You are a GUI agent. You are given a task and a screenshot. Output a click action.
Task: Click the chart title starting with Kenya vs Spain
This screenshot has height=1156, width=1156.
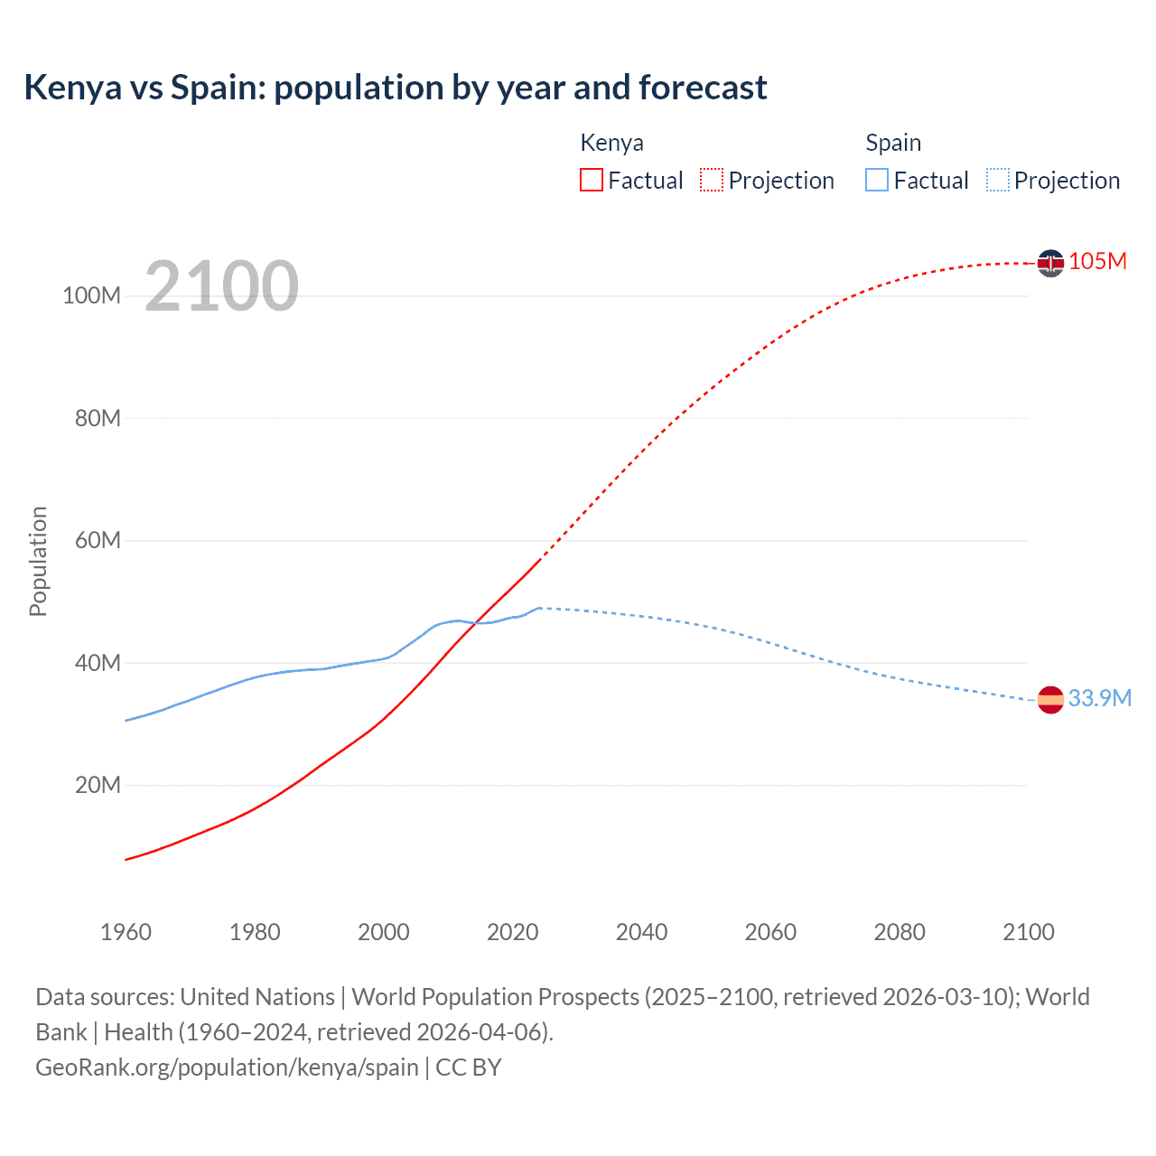[396, 88]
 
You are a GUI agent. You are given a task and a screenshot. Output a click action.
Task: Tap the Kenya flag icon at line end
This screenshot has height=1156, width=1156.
[1050, 263]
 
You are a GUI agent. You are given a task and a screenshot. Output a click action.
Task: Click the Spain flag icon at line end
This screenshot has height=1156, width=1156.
[1050, 700]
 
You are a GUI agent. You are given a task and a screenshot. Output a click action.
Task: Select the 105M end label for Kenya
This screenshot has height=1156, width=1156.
[1097, 261]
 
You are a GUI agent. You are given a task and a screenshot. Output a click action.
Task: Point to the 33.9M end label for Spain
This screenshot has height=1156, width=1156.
[1099, 698]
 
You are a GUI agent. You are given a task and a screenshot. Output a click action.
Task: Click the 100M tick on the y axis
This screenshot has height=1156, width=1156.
[91, 296]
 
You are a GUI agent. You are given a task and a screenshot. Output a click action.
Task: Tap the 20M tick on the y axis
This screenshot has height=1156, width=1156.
[98, 785]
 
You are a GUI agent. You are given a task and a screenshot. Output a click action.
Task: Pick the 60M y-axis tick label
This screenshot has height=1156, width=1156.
[98, 541]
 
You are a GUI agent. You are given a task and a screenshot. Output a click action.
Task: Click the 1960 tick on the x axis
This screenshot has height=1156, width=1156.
[126, 932]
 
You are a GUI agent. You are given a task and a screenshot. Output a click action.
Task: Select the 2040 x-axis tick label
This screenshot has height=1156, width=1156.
[641, 932]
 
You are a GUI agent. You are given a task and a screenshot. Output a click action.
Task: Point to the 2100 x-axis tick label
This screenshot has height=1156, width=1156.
[1028, 932]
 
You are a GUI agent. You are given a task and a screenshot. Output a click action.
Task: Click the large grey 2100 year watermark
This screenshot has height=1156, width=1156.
[221, 286]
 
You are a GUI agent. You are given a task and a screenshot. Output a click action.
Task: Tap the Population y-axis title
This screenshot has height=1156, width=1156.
[38, 561]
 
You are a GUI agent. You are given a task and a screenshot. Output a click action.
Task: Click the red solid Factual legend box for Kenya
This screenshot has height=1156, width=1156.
[591, 180]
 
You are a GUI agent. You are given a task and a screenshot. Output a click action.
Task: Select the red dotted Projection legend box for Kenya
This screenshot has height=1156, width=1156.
[712, 180]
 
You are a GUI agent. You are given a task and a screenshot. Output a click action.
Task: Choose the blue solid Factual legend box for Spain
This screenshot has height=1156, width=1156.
[876, 180]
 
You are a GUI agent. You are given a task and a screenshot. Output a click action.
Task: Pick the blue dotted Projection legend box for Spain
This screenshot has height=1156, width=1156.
[997, 180]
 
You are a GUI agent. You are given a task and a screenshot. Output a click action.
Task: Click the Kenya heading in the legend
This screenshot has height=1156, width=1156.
[611, 143]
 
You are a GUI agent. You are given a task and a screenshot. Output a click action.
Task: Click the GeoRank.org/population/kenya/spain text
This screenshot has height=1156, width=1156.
[227, 1067]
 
